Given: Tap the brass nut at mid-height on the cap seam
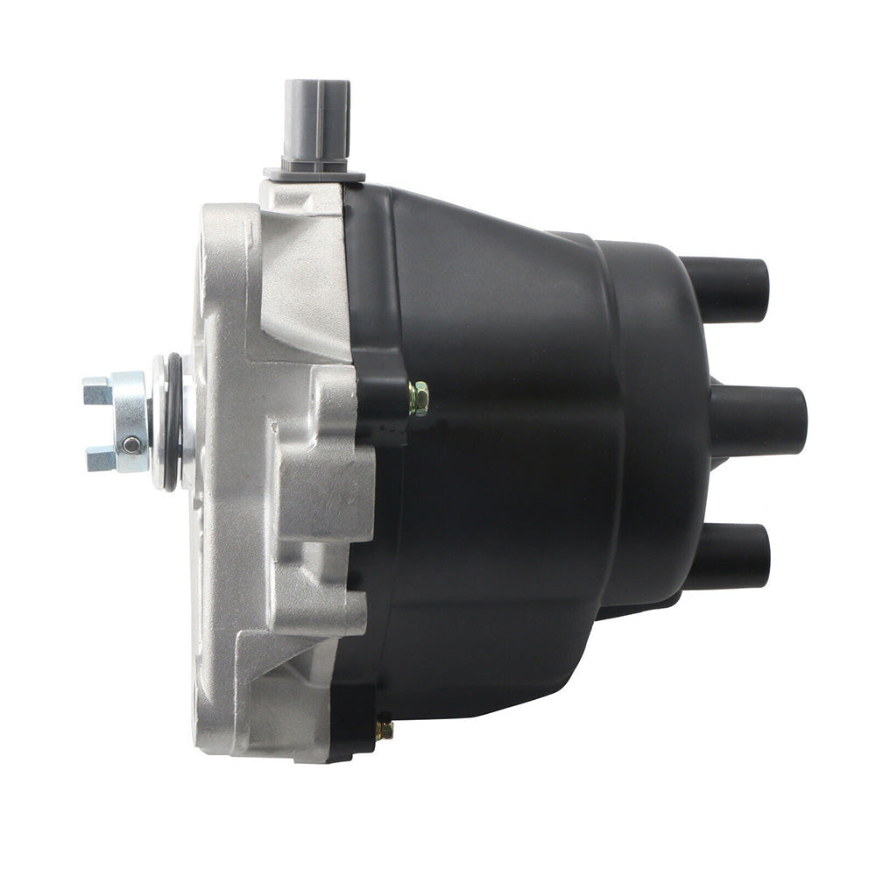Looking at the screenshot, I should tap(419, 399).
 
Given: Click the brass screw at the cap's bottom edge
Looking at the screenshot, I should tap(384, 730).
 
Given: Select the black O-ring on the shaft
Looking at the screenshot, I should tap(173, 421).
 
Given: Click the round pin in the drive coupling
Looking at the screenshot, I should tap(131, 444).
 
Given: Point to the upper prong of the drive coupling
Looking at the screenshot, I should tap(98, 390).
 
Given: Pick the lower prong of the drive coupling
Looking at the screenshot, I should tap(100, 457).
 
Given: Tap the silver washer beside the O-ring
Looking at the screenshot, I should tap(159, 421).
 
